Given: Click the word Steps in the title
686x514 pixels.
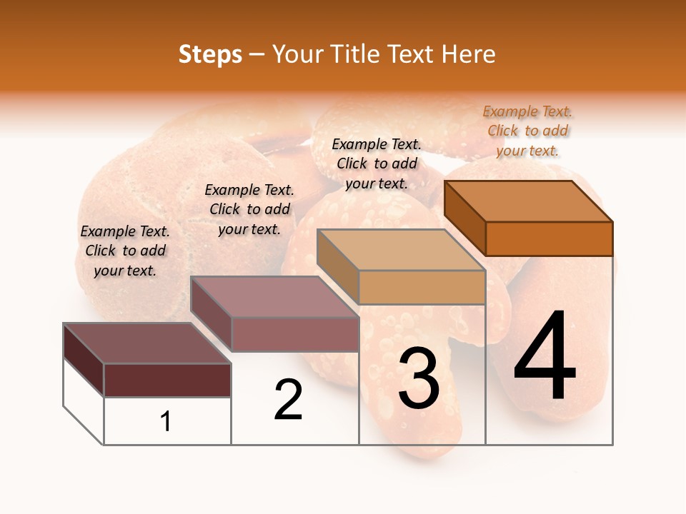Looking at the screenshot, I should (x=210, y=54).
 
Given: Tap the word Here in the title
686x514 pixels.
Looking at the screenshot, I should (x=468, y=54).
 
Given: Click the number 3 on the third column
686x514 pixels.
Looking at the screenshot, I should (x=419, y=378).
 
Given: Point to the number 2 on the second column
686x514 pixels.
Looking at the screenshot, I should (x=288, y=399).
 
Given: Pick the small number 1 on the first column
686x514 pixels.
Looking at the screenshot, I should (x=166, y=421).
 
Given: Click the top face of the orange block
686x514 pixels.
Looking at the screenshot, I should (x=529, y=201).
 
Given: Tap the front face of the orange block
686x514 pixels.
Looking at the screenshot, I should (x=549, y=238).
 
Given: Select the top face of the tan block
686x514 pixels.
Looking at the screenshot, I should (x=402, y=250).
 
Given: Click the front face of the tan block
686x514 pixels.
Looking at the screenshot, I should (x=422, y=287).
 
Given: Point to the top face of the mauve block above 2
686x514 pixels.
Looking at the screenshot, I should (x=274, y=296).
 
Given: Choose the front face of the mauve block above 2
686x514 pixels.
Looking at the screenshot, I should (x=294, y=334).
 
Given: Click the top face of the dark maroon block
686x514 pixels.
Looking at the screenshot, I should (x=147, y=343).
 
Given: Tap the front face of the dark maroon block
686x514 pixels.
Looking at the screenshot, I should (x=167, y=380).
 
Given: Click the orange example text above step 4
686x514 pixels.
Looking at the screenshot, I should (x=527, y=131).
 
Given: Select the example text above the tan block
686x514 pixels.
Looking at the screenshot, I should (x=377, y=163).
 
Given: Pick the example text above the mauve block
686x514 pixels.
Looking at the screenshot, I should (x=249, y=209).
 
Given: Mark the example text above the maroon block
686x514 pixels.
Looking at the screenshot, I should (x=125, y=251).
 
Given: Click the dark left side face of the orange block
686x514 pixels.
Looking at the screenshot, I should (x=464, y=217).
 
